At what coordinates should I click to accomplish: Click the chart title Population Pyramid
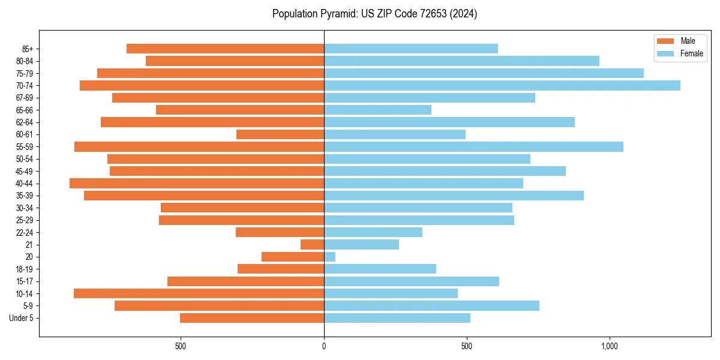pyautogui.click(x=374, y=14)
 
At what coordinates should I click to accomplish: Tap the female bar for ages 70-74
pyautogui.click(x=502, y=86)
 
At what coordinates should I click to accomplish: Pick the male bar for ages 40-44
pyautogui.click(x=197, y=184)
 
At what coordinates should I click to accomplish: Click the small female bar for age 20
pyautogui.click(x=329, y=257)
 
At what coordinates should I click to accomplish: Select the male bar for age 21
pyautogui.click(x=312, y=245)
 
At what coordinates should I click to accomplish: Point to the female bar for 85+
pyautogui.click(x=410, y=49)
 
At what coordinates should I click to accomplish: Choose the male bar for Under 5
pyautogui.click(x=252, y=318)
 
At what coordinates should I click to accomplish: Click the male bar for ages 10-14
pyautogui.click(x=199, y=293)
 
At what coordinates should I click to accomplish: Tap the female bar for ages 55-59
pyautogui.click(x=473, y=147)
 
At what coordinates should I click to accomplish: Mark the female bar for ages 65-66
pyautogui.click(x=377, y=110)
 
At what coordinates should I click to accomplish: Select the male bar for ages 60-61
pyautogui.click(x=280, y=134)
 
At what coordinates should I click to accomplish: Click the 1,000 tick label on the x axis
pyautogui.click(x=610, y=346)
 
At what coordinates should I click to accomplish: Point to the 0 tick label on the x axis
pyautogui.click(x=324, y=346)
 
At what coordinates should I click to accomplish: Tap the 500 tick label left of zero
pyautogui.click(x=181, y=346)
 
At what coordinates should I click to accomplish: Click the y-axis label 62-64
pyautogui.click(x=25, y=122)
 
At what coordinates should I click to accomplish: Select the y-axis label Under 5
pyautogui.click(x=22, y=318)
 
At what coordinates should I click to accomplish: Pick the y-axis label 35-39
pyautogui.click(x=25, y=196)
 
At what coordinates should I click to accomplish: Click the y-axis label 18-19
pyautogui.click(x=25, y=269)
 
